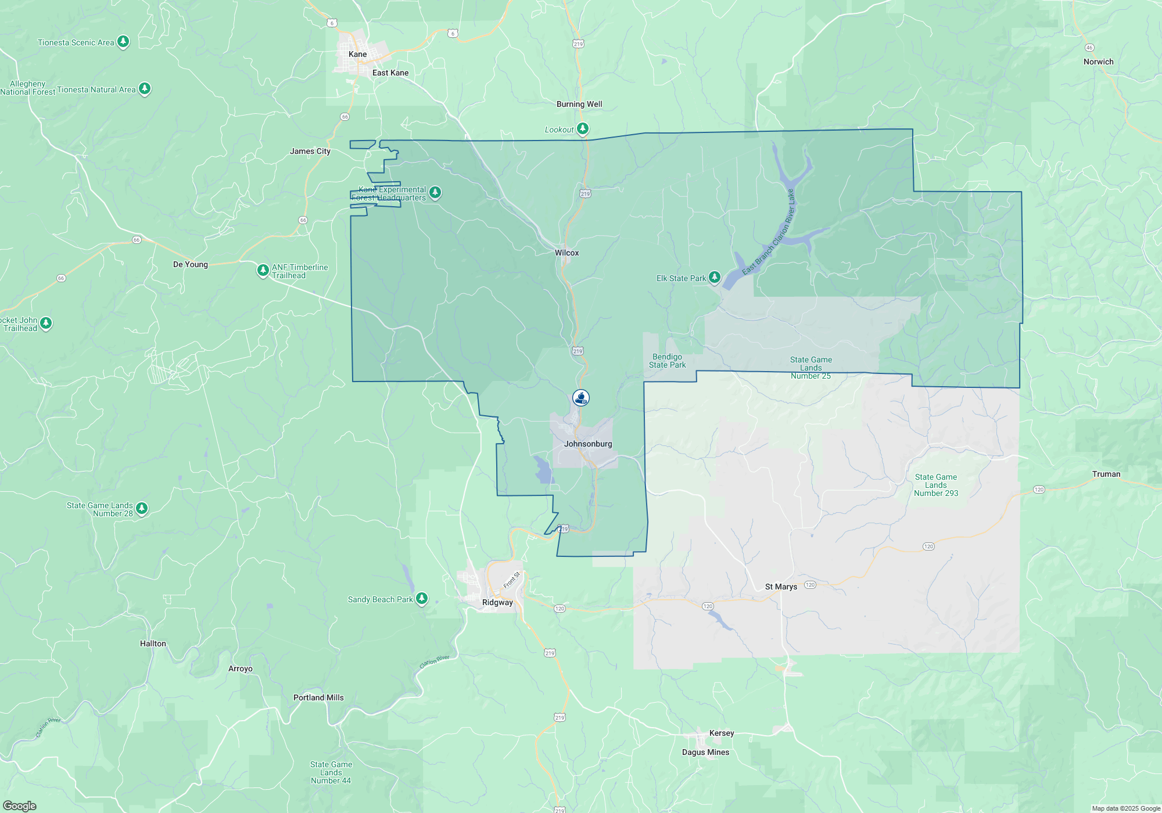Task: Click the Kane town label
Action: (357, 54)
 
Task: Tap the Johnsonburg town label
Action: (588, 444)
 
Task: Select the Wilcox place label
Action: (566, 253)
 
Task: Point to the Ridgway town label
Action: (497, 602)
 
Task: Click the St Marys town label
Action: (781, 587)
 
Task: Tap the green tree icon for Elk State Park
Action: (715, 277)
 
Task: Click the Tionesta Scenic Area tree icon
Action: (123, 41)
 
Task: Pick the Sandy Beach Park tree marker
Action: (422, 598)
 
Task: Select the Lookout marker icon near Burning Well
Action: (583, 128)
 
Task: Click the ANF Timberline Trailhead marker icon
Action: (263, 270)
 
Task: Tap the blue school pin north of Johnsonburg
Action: (581, 398)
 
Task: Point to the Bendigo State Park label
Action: (667, 361)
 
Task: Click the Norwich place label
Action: (1098, 62)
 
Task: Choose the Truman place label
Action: (1106, 474)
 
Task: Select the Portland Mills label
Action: (318, 697)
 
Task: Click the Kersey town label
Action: (722, 733)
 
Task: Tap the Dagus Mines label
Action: (705, 752)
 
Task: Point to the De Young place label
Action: (190, 264)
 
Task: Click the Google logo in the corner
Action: (20, 805)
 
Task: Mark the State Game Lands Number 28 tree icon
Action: (141, 509)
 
